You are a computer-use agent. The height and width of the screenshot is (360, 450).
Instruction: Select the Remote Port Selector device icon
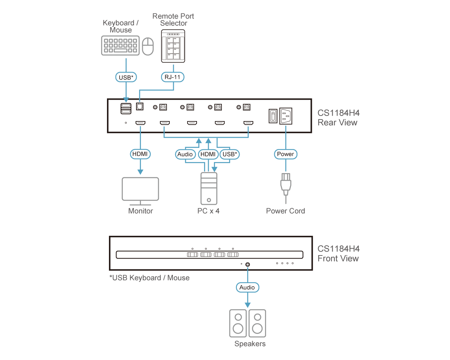click(x=173, y=47)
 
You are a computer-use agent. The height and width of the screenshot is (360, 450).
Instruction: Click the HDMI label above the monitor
click(x=141, y=154)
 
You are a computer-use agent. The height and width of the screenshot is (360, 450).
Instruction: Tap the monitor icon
click(x=141, y=191)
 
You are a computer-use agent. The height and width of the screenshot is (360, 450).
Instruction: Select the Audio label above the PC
click(x=185, y=154)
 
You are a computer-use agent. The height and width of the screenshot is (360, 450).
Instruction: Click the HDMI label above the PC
click(x=208, y=154)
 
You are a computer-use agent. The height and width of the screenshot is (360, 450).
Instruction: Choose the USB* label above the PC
click(x=230, y=154)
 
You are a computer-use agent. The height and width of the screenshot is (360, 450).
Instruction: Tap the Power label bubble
click(x=285, y=154)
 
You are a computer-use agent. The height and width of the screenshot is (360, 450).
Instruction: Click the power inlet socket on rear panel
click(x=286, y=116)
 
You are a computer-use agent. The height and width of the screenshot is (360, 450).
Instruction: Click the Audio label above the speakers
click(x=247, y=287)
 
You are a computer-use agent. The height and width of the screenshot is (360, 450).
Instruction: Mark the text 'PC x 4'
click(x=208, y=211)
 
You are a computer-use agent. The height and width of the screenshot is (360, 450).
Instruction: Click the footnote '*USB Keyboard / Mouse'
click(x=150, y=278)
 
